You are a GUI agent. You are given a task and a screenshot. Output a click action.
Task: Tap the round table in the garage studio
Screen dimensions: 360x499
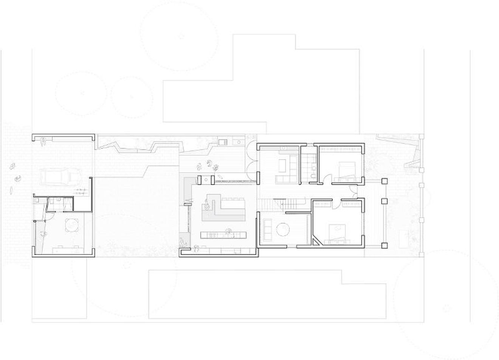tap(71, 225)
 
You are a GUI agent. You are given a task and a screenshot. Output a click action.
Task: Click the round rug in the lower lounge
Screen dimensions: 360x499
tap(283, 230)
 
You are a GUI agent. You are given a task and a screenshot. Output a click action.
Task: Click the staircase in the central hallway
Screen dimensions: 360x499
tap(271, 204)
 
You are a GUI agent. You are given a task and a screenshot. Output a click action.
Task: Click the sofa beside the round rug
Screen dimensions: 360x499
tap(267, 229)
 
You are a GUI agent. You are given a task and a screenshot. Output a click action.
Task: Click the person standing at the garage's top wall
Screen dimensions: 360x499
tap(43, 142)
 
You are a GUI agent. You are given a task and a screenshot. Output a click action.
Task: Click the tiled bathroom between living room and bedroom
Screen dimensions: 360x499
tap(308, 166)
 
